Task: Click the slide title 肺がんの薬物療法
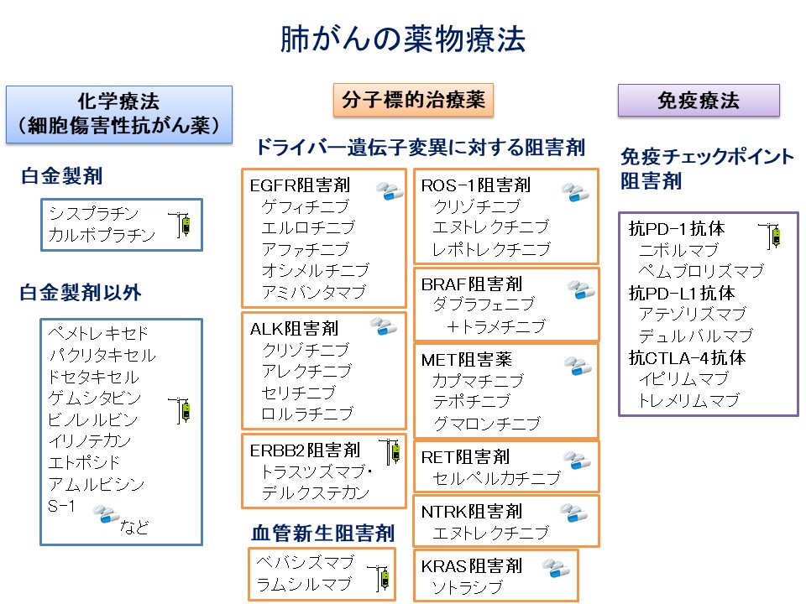[x=402, y=40]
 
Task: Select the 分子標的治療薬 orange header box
[x=413, y=101]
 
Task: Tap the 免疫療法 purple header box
[x=699, y=101]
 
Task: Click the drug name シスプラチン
[x=93, y=213]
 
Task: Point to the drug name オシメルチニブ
[x=315, y=270]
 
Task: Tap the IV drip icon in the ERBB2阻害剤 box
[x=389, y=452]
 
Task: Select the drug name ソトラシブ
[x=466, y=587]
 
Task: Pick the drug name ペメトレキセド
[x=98, y=333]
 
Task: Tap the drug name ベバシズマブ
[x=305, y=562]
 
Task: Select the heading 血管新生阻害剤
[x=322, y=534]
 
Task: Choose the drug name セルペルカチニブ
[x=495, y=478]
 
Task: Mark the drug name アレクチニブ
[x=306, y=371]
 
